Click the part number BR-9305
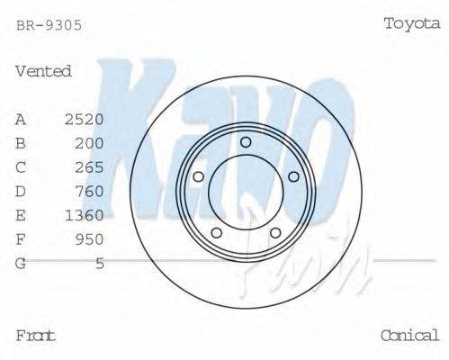[49, 25]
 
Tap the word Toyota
[412, 24]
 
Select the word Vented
[43, 71]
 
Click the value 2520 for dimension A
[85, 119]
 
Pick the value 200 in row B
[89, 143]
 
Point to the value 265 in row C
[89, 167]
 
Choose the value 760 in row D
[89, 191]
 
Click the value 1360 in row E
[85, 215]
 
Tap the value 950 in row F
[89, 239]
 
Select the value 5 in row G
[100, 263]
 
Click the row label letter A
[21, 119]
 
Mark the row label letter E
[21, 215]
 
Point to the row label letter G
[21, 263]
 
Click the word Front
[36, 336]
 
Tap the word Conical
[409, 336]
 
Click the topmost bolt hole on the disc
[246, 141]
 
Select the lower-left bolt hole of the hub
[216, 233]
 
